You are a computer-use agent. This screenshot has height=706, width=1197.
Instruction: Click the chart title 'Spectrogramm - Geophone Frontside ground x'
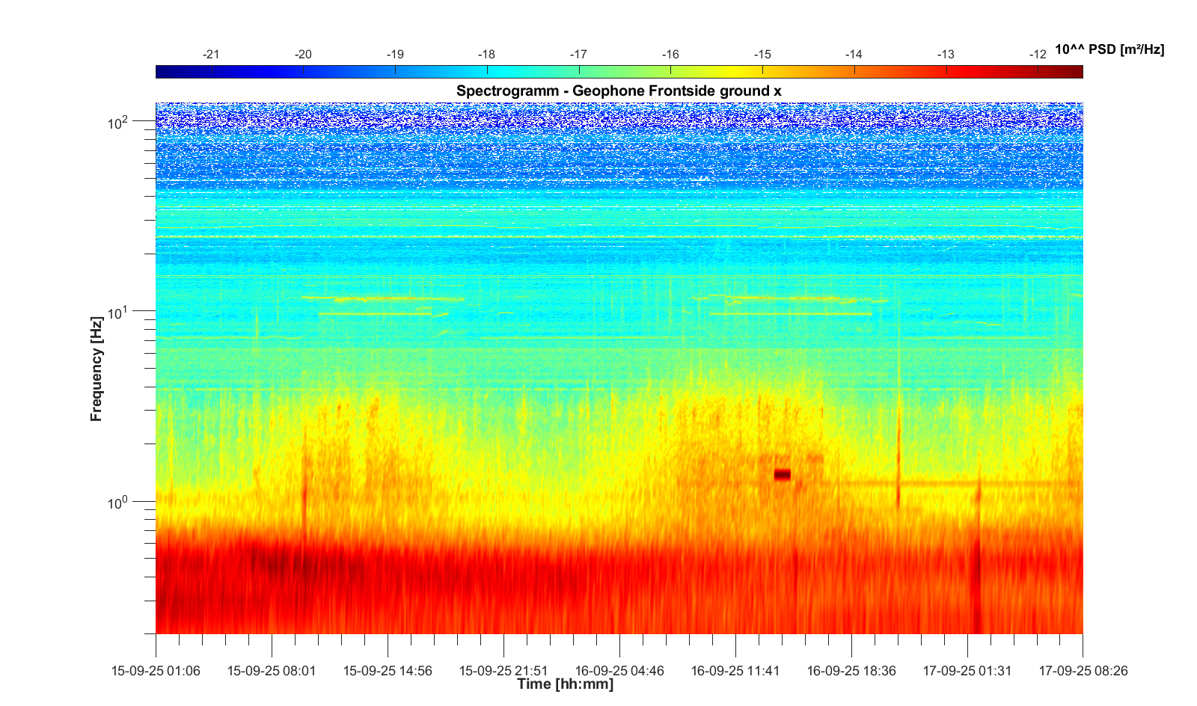pos(619,91)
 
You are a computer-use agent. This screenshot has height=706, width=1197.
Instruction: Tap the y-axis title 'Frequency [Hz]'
pos(96,369)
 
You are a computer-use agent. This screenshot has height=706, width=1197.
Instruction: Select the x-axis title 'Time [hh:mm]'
pos(565,684)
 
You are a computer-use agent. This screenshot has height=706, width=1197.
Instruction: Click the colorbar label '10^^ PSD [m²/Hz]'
pos(1109,49)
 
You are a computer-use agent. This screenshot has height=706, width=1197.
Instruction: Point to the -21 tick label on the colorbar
pos(211,55)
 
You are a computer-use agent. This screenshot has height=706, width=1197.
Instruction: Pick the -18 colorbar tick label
pos(486,55)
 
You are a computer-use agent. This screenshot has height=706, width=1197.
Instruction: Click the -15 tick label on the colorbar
pos(762,55)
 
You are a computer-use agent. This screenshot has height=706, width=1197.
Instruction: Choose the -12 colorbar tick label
pos(1037,55)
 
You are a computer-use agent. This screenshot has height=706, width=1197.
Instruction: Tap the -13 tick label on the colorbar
pos(946,55)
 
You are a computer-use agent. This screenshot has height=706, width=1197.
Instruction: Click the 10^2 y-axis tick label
pos(118,123)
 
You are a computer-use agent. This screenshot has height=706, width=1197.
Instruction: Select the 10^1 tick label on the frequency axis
pos(118,312)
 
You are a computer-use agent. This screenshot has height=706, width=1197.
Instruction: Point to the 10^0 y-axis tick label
pos(118,502)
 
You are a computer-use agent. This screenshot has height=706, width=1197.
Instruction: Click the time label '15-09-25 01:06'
pos(156,671)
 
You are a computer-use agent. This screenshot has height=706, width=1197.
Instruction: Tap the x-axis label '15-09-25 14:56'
pos(388,671)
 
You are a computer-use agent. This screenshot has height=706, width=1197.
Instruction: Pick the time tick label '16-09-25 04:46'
pos(619,671)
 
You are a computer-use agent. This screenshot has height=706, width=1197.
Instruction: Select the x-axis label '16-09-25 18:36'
pos(851,671)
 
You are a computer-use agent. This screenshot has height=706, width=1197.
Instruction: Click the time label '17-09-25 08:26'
pos(1083,671)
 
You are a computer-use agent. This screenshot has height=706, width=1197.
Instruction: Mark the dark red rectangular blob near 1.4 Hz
pos(782,474)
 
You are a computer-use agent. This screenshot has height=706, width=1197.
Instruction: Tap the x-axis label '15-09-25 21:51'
pos(503,671)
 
